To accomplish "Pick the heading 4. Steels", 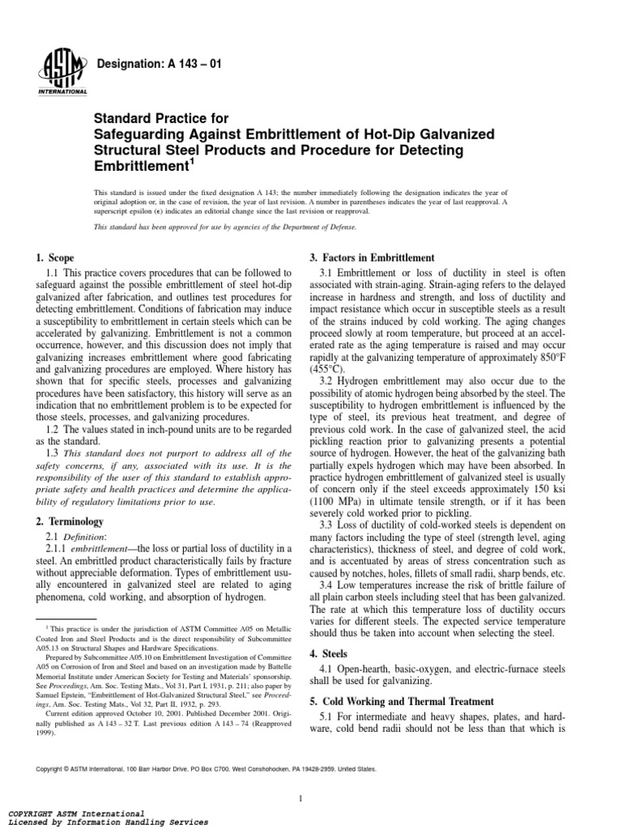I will pos(330,653).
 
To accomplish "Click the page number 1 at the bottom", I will pos(300,776).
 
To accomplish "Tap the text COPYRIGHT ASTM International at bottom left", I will pos(76,812).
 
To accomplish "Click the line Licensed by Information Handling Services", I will pos(107,822).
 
